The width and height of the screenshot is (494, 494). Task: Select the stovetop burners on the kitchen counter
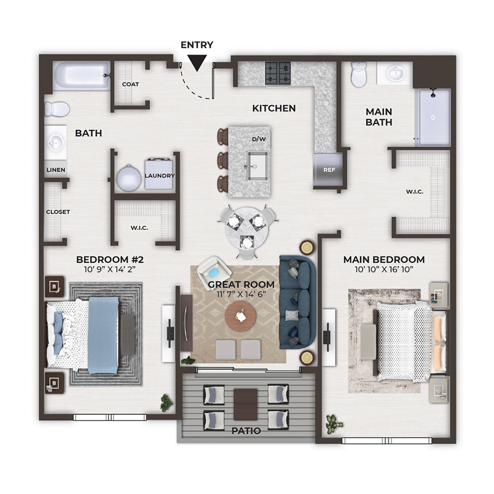(278, 73)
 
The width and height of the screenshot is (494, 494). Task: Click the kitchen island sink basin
(257, 166)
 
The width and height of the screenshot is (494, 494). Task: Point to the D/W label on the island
(259, 139)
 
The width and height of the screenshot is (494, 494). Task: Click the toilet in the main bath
(359, 75)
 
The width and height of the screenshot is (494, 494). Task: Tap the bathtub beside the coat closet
(81, 76)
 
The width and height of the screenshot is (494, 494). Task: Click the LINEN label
(56, 170)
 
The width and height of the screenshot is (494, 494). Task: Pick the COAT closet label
(130, 84)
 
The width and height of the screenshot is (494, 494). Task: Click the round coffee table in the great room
(241, 316)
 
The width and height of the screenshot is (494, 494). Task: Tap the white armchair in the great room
(211, 269)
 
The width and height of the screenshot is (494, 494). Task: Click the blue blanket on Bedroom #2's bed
(103, 335)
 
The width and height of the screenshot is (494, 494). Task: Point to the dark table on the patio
(246, 405)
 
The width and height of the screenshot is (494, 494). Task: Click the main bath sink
(395, 74)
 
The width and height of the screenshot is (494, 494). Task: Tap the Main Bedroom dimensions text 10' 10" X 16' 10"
(384, 269)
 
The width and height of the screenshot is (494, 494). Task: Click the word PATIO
(246, 431)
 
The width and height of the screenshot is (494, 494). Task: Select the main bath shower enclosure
(433, 118)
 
